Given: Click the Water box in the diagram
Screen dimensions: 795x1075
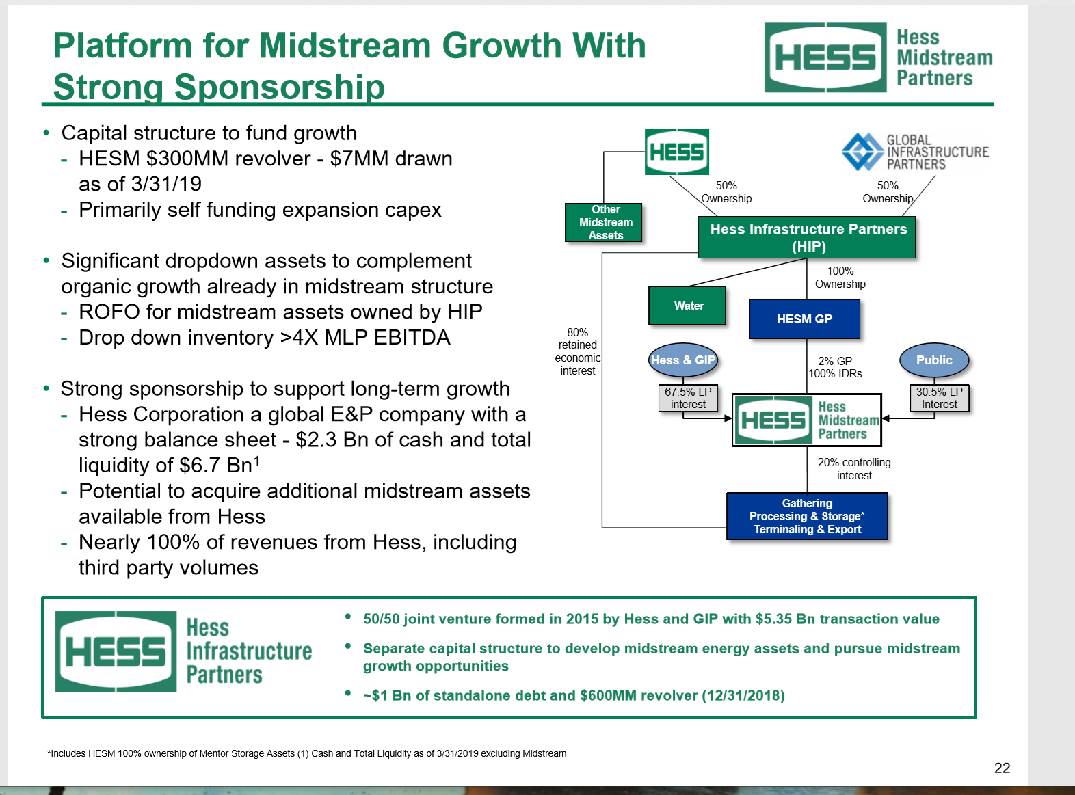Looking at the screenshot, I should tap(687, 306).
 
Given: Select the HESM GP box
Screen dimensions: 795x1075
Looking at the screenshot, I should tap(804, 319).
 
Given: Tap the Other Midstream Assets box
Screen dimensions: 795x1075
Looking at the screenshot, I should tap(605, 222).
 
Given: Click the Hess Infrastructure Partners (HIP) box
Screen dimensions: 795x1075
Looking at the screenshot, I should tap(807, 237).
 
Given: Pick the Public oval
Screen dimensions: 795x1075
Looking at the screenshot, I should tap(933, 360).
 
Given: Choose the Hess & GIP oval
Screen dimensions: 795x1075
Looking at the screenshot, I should tap(682, 360).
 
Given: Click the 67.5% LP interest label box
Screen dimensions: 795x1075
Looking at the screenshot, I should tap(688, 398).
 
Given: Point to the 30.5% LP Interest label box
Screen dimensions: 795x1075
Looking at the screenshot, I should tap(939, 398).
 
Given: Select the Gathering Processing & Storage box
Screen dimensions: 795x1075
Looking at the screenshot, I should tap(807, 516).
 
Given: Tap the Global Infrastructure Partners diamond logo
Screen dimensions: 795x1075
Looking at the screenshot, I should tap(862, 151).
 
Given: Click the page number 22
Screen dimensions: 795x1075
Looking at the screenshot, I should tap(1002, 768).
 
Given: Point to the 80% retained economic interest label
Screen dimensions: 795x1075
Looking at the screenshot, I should tap(578, 351).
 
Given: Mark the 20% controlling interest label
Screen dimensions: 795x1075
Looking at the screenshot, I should tap(854, 468).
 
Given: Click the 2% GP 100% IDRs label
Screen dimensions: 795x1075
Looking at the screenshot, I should tap(835, 367).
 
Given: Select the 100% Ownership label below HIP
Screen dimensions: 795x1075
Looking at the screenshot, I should tap(840, 277).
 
